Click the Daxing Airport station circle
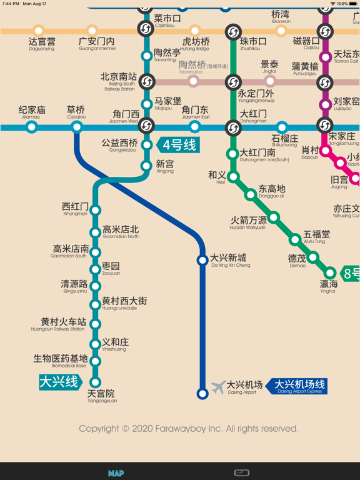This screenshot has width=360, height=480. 202,394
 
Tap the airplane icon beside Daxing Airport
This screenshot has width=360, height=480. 218,387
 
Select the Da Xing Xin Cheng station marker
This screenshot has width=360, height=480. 202,260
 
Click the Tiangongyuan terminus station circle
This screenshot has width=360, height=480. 96,382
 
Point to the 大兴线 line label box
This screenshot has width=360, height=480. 59,381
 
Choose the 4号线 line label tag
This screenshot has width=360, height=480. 179,145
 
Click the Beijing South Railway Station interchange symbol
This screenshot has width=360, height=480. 146,81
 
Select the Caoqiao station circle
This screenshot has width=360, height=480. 76,127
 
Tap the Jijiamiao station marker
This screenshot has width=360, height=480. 31,127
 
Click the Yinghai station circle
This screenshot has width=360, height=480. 330,272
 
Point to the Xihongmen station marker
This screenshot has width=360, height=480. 96,210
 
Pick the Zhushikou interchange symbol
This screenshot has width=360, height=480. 233,31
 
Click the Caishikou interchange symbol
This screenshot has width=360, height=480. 146,28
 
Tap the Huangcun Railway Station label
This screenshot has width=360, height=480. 58,325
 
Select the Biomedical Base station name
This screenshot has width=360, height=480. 60,361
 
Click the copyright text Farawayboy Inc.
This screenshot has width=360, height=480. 188,429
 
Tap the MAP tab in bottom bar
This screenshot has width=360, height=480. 116,473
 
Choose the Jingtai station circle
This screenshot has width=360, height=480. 270,81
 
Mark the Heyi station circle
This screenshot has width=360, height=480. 233,177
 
